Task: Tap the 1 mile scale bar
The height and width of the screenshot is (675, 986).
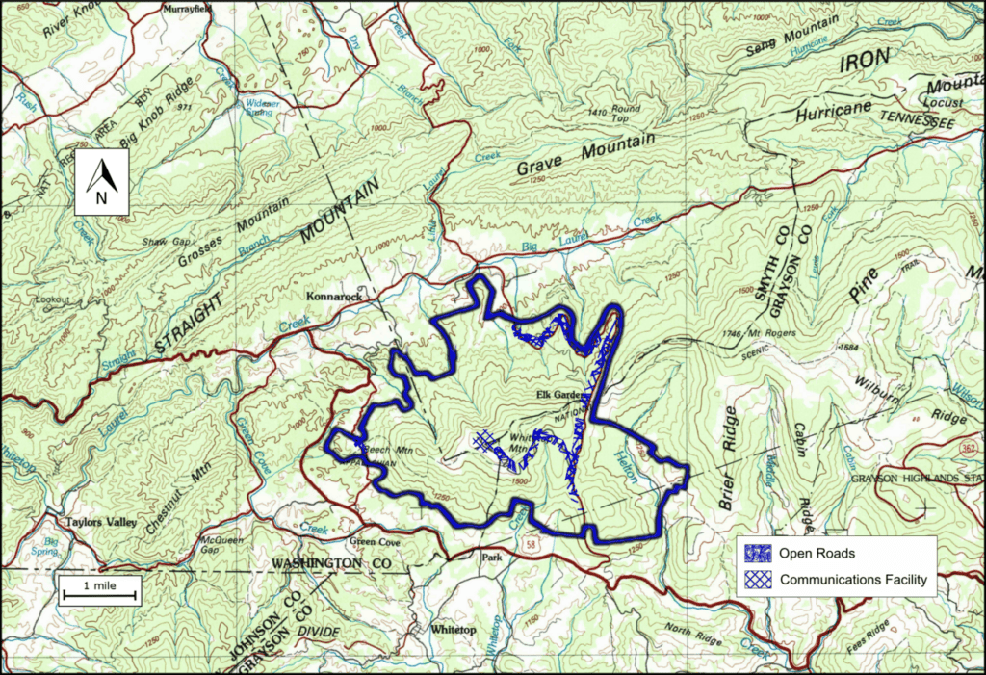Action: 100,590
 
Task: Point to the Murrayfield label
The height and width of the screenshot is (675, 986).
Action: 185,9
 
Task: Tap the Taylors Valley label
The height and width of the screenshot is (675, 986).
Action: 98,523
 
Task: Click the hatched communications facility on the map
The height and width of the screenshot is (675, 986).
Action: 488,441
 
